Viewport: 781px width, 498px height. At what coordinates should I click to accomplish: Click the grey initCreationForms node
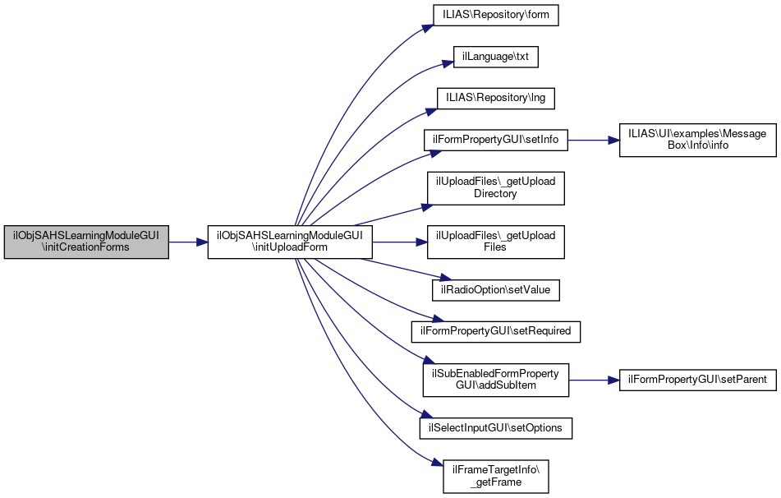86,242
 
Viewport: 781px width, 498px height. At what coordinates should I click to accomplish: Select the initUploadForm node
290,242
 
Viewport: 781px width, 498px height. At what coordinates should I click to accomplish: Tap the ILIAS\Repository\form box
496,16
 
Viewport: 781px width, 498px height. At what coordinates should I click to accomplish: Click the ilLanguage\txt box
496,58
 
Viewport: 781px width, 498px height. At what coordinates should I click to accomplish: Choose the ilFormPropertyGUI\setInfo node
495,140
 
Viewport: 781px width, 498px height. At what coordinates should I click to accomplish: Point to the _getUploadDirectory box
495,187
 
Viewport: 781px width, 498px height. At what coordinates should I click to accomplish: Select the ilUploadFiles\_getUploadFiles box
495,242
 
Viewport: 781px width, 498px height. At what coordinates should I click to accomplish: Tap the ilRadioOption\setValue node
496,289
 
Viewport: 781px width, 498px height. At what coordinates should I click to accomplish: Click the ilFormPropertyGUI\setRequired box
496,330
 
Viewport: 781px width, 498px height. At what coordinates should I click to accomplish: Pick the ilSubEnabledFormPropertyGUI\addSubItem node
495,380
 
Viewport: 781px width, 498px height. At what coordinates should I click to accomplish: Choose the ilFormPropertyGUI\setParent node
696,380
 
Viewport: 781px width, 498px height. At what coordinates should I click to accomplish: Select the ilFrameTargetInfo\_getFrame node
495,476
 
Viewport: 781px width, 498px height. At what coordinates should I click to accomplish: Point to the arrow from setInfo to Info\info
587,140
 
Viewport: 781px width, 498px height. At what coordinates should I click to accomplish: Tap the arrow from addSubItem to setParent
594,380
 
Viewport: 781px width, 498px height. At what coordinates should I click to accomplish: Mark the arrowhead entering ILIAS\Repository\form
428,27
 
